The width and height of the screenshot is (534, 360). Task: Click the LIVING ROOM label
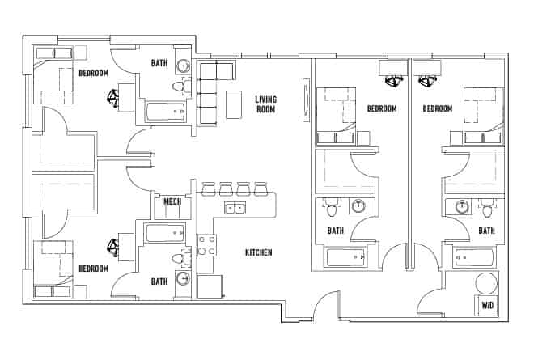pyautogui.click(x=266, y=104)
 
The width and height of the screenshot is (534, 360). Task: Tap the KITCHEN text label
pyautogui.click(x=258, y=253)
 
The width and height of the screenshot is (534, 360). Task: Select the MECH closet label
pyautogui.click(x=172, y=201)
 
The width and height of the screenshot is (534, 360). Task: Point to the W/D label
pyautogui.click(x=487, y=306)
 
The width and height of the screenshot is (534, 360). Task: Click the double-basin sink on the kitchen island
pyautogui.click(x=235, y=209)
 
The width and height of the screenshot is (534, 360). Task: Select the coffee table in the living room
pyautogui.click(x=235, y=104)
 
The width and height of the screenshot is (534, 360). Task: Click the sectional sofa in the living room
pyautogui.click(x=210, y=91)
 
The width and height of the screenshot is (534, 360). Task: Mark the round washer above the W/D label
pyautogui.click(x=485, y=284)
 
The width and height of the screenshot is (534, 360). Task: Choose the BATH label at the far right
pyautogui.click(x=486, y=231)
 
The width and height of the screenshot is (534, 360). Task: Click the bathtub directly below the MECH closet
pyautogui.click(x=165, y=234)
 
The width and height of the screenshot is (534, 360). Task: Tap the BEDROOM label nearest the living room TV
pyautogui.click(x=381, y=108)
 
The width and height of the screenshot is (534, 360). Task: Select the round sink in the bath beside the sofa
pyautogui.click(x=184, y=67)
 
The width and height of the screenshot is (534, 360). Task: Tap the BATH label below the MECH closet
pyautogui.click(x=159, y=282)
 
